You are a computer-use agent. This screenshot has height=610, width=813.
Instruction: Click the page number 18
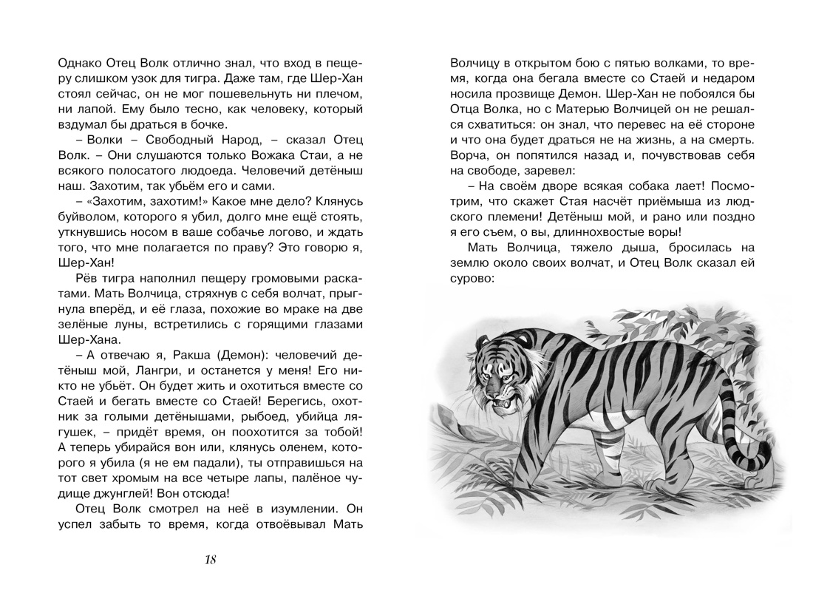pyautogui.click(x=211, y=559)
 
